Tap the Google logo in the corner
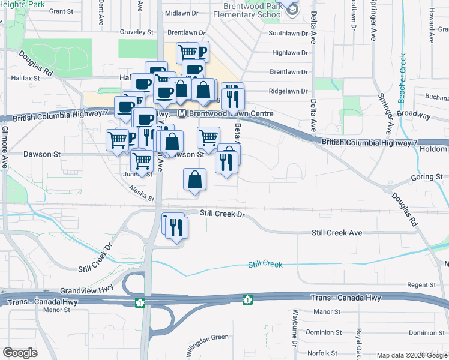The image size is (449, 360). click(20, 353)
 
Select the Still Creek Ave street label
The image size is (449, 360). click(337, 233)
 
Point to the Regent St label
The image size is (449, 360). click(421, 284)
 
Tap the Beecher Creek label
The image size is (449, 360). click(402, 78)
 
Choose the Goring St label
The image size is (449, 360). click(426, 178)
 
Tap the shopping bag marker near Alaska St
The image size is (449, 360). click(195, 179)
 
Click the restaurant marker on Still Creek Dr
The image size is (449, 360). click(177, 227)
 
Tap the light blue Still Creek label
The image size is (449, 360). click(265, 264)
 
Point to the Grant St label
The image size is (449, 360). click(61, 11)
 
